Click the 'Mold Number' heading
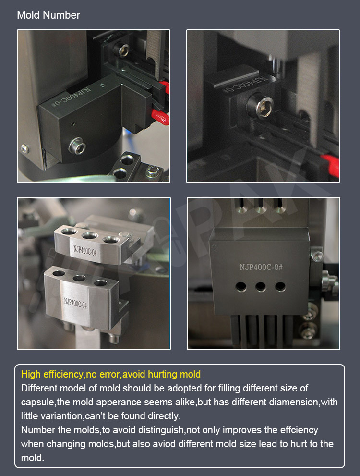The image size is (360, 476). point(48,15)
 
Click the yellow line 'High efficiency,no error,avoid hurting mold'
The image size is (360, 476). point(111,374)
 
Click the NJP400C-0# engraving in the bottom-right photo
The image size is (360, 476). point(261,267)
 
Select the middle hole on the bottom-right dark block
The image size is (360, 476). point(261,286)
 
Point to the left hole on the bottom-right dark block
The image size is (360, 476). point(241,287)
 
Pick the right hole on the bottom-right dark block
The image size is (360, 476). point(280,286)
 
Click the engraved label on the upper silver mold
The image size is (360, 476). point(85,250)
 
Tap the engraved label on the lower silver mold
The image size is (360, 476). point(75,303)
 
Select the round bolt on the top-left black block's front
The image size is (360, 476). point(77,146)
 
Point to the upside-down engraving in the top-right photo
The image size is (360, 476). point(245,85)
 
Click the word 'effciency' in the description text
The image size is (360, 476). point(299,430)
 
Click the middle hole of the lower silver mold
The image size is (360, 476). point(79,278)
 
